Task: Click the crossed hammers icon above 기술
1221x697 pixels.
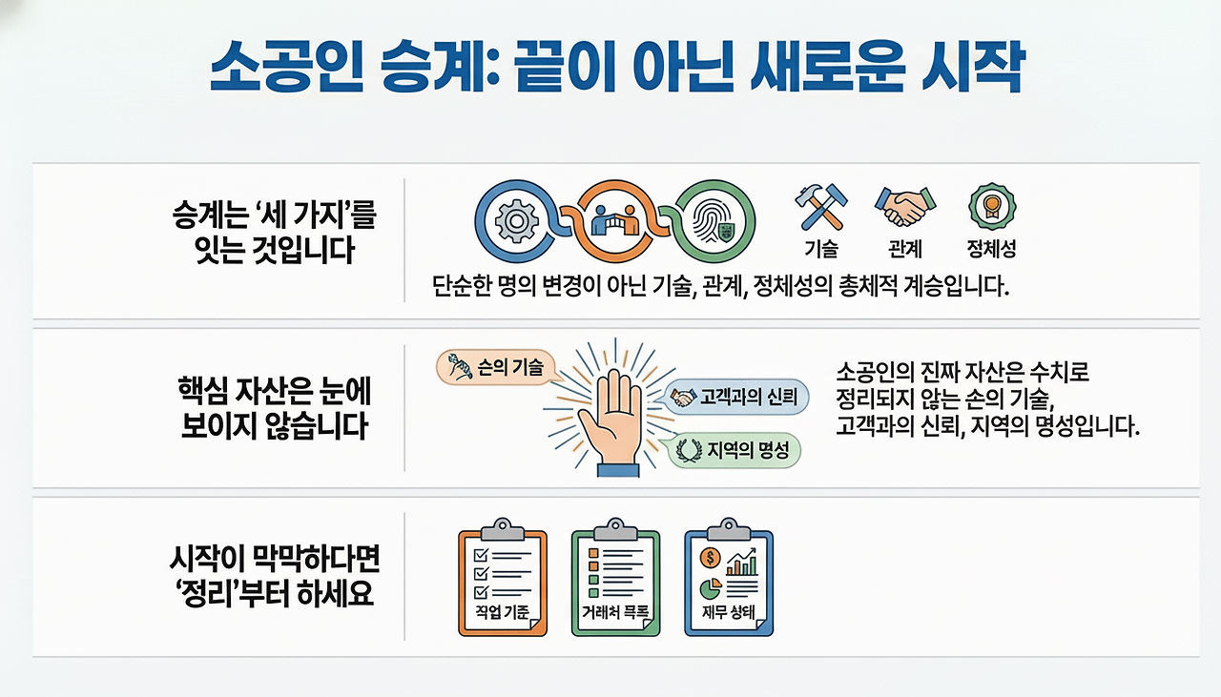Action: [819, 207]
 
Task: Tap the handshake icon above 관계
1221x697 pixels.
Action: [903, 206]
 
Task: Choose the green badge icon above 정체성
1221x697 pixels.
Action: [991, 205]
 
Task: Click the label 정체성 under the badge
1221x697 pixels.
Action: [991, 250]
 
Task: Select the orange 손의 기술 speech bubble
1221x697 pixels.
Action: [493, 367]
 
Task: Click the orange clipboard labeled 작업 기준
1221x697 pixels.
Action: [502, 582]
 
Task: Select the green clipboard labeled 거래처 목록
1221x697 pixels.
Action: [614, 582]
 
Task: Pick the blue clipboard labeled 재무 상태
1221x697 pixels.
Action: [729, 582]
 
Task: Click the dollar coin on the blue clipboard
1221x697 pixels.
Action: [710, 558]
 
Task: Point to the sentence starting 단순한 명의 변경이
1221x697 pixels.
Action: [720, 287]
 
